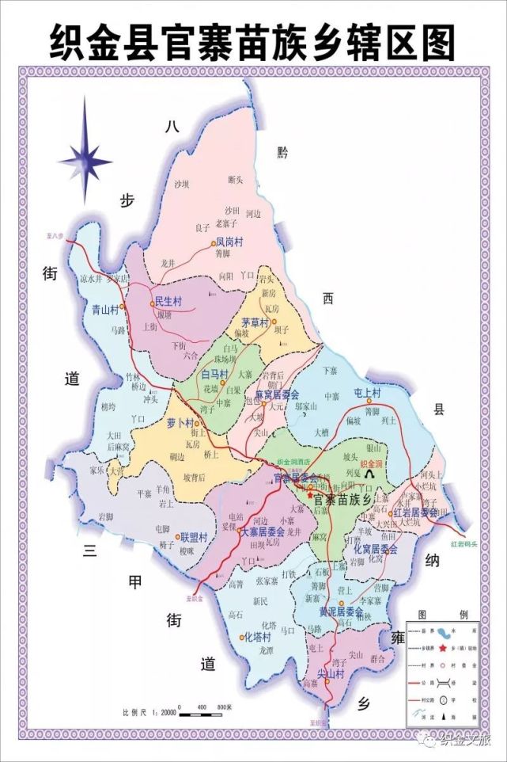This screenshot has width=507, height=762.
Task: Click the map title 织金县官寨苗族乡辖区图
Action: pos(253,40)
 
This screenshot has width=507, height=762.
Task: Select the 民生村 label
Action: pos(168,302)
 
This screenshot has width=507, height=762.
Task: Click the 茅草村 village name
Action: pos(255,322)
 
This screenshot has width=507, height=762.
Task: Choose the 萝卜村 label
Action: pos(181,423)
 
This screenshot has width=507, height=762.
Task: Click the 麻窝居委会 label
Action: pos(276,394)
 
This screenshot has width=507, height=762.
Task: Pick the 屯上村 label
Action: pos(368,393)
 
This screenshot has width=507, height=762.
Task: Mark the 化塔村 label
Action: pos(257,636)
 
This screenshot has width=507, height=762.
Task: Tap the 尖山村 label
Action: pos(331,673)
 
